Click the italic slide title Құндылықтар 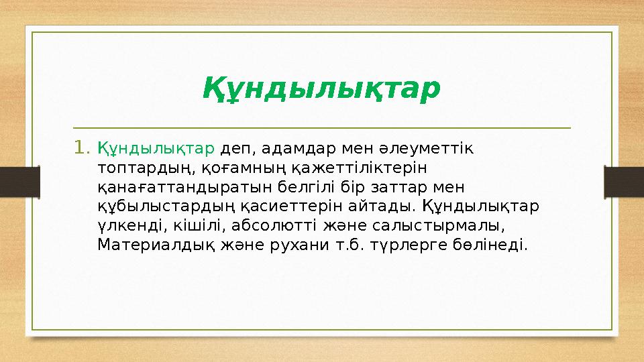tap(321, 88)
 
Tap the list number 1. tap(82, 146)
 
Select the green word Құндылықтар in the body tap(156, 147)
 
